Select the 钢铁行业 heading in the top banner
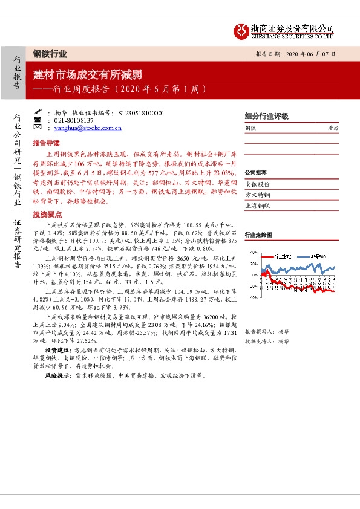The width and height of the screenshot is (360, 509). [50, 54]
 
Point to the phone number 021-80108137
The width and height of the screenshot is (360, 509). [73, 120]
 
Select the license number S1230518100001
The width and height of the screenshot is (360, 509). [142, 112]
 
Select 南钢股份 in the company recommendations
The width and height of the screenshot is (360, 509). [258, 183]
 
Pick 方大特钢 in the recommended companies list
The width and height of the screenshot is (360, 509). [258, 194]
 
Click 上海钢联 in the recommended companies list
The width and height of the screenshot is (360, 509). [258, 205]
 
